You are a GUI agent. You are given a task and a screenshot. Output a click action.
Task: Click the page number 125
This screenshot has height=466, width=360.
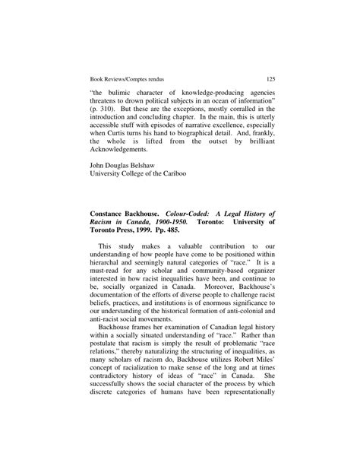click(x=270, y=78)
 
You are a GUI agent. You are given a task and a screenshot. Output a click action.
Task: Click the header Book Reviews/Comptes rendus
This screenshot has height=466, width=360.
click(x=122, y=78)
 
